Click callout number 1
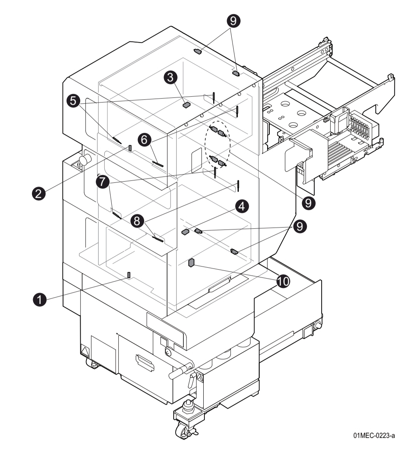coord(39,299)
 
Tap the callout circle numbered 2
coord(39,193)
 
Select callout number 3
coord(171,77)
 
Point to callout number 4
coord(242,206)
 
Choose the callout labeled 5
coord(74,101)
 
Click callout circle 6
coord(144,139)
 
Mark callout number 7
coord(103,182)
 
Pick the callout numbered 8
coord(137,221)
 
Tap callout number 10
coord(283,280)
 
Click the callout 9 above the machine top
coord(233,21)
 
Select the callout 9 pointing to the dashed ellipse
coord(308,203)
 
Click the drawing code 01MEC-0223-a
coord(374,435)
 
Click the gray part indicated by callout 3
coord(186,104)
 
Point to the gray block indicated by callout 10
coord(191,263)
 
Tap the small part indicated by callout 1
coord(129,275)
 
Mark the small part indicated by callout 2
coord(130,148)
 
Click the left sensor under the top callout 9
coord(198,51)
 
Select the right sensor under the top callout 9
coord(236,73)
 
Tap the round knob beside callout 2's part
coord(85,159)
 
